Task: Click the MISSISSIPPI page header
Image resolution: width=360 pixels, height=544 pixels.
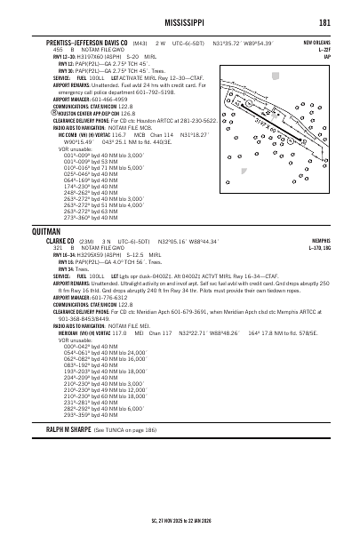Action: click(x=180, y=22)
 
